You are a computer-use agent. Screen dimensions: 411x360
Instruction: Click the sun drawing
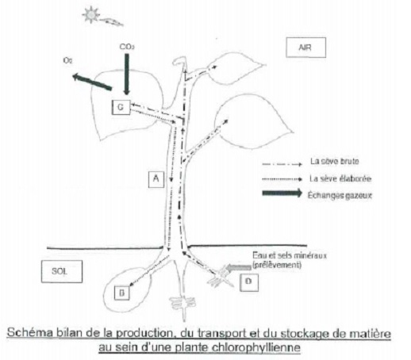(91, 15)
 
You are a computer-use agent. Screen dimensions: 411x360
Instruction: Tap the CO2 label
(127, 47)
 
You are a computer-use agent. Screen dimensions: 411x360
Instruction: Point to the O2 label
(67, 60)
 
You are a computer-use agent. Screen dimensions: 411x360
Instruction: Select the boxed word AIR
(305, 48)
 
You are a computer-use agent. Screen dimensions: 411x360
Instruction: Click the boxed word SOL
(62, 271)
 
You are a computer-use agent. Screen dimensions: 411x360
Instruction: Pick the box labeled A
(156, 179)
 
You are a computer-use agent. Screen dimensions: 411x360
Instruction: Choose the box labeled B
(122, 293)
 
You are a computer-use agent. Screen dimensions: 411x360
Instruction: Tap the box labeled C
(121, 107)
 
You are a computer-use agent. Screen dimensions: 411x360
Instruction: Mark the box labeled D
(249, 282)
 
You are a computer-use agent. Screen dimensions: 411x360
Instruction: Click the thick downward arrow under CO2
(127, 74)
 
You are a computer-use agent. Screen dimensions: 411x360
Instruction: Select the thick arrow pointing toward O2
(92, 82)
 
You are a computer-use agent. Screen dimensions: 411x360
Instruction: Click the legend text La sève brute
(335, 161)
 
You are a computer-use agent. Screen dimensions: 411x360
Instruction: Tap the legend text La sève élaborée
(340, 178)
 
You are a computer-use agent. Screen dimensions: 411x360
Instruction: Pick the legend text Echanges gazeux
(340, 196)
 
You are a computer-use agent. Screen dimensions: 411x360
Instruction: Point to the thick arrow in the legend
(282, 193)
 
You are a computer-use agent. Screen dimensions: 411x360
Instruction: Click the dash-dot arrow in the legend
(282, 164)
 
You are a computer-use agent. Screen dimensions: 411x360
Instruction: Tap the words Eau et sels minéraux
(290, 256)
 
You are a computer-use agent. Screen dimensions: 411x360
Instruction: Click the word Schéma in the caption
(29, 333)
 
